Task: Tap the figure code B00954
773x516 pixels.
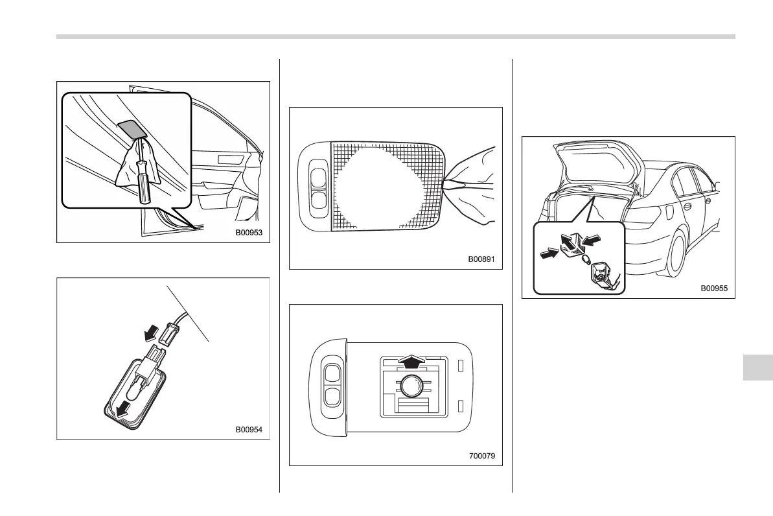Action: (248, 429)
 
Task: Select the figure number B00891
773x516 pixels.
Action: (481, 258)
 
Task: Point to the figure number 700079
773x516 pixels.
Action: (482, 456)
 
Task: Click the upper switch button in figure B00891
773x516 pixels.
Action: (319, 176)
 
